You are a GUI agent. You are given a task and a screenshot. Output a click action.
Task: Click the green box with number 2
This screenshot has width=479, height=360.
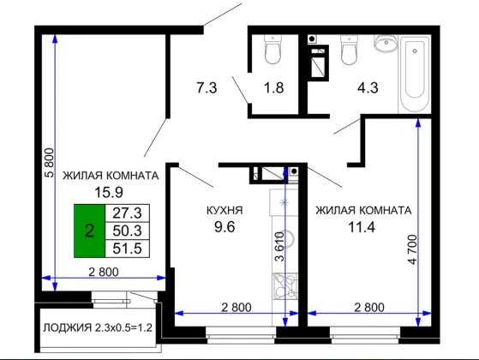click(x=89, y=231)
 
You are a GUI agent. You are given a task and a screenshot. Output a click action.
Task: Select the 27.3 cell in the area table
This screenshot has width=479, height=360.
click(x=128, y=213)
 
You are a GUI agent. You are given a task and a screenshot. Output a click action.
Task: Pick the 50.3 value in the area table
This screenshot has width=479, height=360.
click(x=128, y=231)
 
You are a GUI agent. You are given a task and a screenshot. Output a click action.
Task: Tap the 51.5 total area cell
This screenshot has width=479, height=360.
click(x=128, y=249)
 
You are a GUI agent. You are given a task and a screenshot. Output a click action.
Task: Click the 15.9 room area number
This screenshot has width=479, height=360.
click(x=109, y=193)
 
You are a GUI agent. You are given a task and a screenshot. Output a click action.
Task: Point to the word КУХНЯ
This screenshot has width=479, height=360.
click(x=225, y=211)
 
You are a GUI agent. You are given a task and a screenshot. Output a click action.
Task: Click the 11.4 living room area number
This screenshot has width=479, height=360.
click(x=362, y=227)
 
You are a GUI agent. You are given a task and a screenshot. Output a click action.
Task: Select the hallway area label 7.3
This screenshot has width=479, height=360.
click(x=207, y=87)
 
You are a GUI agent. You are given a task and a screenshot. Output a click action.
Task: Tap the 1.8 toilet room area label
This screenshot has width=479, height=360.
click(x=273, y=87)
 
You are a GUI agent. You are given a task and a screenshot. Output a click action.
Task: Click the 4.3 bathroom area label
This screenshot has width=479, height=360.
click(x=368, y=87)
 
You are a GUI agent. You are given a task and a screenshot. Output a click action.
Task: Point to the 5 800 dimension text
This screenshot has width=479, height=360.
click(x=49, y=163)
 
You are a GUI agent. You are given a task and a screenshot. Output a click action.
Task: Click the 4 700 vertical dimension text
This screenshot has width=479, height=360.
click(x=412, y=249)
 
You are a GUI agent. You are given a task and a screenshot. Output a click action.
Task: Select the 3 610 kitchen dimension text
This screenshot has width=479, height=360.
click(x=279, y=247)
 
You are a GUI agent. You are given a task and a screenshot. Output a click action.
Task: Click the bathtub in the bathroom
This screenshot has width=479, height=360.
click(x=415, y=75)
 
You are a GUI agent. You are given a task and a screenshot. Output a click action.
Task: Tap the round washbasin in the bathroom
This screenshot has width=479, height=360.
click(x=386, y=43)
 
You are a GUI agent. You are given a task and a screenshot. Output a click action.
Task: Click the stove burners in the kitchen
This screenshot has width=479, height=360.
click(x=285, y=286)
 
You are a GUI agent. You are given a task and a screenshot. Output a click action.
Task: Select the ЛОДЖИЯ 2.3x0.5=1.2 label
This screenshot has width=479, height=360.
click(x=98, y=327)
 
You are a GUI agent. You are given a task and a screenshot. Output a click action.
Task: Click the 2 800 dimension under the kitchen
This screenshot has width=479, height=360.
click(x=237, y=307)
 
